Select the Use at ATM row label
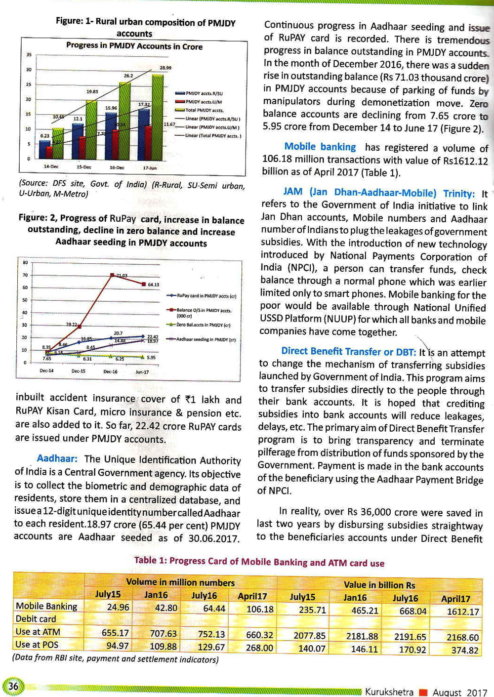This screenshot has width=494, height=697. pyautogui.click(x=38, y=632)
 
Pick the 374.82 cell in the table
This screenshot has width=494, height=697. pyautogui.click(x=465, y=650)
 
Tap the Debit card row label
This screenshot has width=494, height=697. pyautogui.click(x=36, y=619)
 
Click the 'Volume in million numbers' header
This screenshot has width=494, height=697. pyautogui.click(x=180, y=582)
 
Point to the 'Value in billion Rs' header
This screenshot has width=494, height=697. pyautogui.click(x=379, y=585)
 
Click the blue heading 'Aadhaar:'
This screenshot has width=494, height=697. pyautogui.click(x=57, y=459)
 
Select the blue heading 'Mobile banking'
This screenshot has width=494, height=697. pyautogui.click(x=320, y=147)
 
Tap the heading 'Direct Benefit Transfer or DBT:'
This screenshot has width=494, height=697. pyautogui.click(x=349, y=351)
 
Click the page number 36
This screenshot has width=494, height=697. pyautogui.click(x=13, y=686)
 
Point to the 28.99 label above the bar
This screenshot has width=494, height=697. pyautogui.click(x=165, y=67)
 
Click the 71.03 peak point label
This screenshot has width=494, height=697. pyautogui.click(x=122, y=275)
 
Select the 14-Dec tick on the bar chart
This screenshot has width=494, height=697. pyautogui.click(x=51, y=166)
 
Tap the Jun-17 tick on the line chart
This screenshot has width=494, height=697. pyautogui.click(x=142, y=371)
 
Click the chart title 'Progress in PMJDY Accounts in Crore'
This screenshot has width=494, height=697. pyautogui.click(x=134, y=46)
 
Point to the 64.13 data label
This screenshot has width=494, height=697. pyautogui.click(x=153, y=285)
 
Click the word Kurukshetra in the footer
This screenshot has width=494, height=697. pyautogui.click(x=389, y=692)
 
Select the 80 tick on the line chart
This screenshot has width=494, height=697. pyautogui.click(x=25, y=262)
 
